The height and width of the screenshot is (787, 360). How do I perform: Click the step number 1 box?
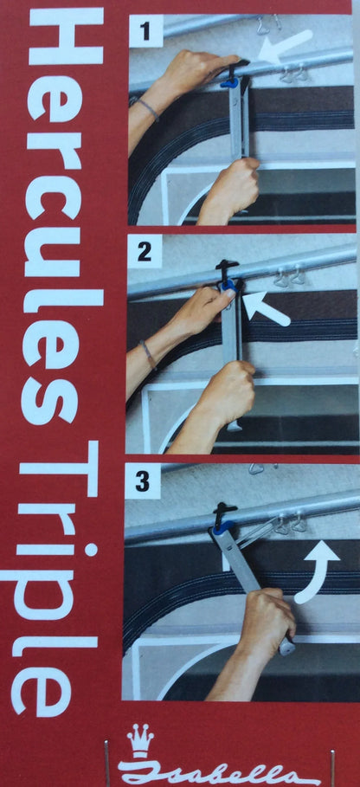click(x=146, y=31)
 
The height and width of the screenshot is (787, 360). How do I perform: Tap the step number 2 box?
click(x=145, y=251)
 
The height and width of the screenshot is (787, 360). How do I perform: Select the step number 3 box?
click(x=143, y=481)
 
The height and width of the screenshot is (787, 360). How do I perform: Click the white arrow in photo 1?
click(x=285, y=47)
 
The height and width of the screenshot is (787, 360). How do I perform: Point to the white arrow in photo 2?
click(x=265, y=310)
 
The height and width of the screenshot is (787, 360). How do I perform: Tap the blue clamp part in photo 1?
click(x=229, y=81)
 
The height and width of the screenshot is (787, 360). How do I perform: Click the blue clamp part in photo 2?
click(x=228, y=286)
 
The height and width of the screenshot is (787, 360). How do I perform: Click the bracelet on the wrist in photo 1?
click(x=145, y=107)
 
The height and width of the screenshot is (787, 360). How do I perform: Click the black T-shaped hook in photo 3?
click(x=225, y=513)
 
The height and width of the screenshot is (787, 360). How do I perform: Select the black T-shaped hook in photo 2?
click(x=228, y=270)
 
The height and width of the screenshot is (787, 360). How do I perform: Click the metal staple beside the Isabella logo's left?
click(x=106, y=763)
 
